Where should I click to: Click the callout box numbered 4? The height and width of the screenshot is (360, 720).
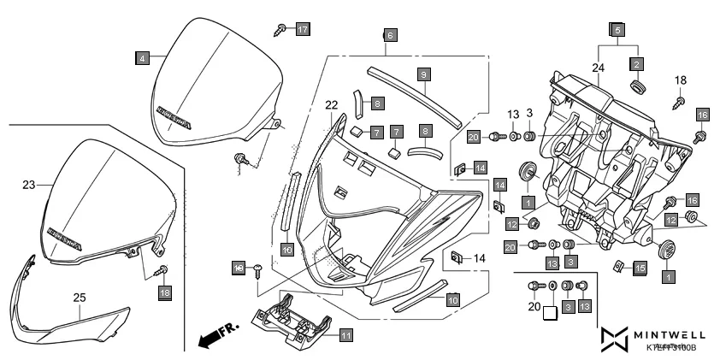(142, 58)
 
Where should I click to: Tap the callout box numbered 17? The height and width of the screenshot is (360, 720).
(302, 29)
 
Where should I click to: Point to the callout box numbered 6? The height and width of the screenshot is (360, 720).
(389, 36)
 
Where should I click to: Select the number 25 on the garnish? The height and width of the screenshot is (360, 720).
(80, 298)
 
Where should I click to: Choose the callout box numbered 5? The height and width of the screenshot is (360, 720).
(615, 30)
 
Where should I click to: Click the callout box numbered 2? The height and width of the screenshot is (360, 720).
(636, 63)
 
